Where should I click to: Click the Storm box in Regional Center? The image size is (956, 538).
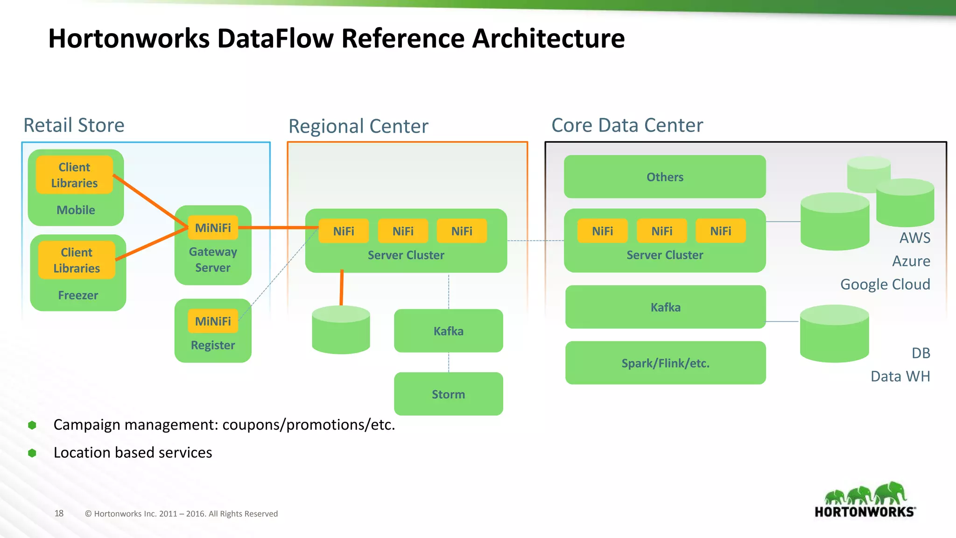(x=448, y=394)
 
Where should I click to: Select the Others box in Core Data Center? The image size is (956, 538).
(x=665, y=177)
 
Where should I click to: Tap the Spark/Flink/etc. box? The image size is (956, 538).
(x=665, y=363)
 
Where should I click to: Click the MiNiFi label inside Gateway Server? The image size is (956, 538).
(x=213, y=227)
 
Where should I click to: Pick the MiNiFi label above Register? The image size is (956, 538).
(x=213, y=321)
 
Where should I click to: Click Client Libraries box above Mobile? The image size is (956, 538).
(x=75, y=175)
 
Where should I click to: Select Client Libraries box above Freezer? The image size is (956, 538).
(x=77, y=260)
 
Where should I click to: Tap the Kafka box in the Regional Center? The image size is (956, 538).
(x=448, y=331)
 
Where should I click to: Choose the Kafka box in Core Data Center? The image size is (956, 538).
(x=665, y=307)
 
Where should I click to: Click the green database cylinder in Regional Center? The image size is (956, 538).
(x=341, y=332)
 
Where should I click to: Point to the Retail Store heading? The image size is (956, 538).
(x=74, y=125)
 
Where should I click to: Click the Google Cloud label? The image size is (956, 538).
(x=885, y=284)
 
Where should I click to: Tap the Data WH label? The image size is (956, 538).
(x=900, y=376)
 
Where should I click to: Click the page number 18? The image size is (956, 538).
(x=59, y=513)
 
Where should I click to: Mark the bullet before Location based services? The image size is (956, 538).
(x=32, y=453)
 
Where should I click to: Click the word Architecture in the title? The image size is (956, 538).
(x=548, y=38)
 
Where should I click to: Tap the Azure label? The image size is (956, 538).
(x=911, y=261)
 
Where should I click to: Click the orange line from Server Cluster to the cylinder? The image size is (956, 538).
(x=342, y=288)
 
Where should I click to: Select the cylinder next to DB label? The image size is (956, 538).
(x=834, y=334)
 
